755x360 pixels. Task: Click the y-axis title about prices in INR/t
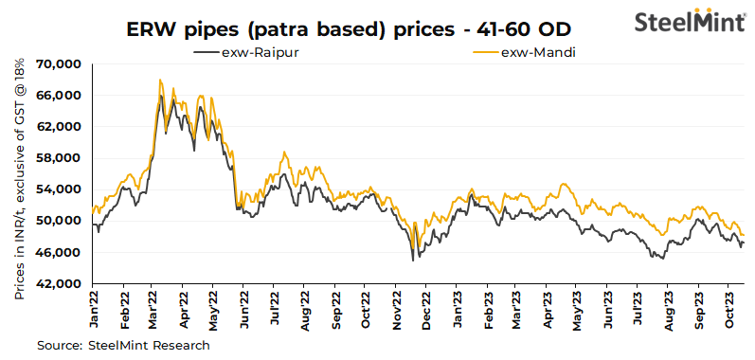pyautogui.click(x=20, y=176)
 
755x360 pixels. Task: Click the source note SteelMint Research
pyautogui.click(x=124, y=346)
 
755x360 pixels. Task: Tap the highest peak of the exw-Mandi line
pyautogui.click(x=160, y=80)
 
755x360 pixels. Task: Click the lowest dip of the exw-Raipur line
pyautogui.click(x=413, y=260)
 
